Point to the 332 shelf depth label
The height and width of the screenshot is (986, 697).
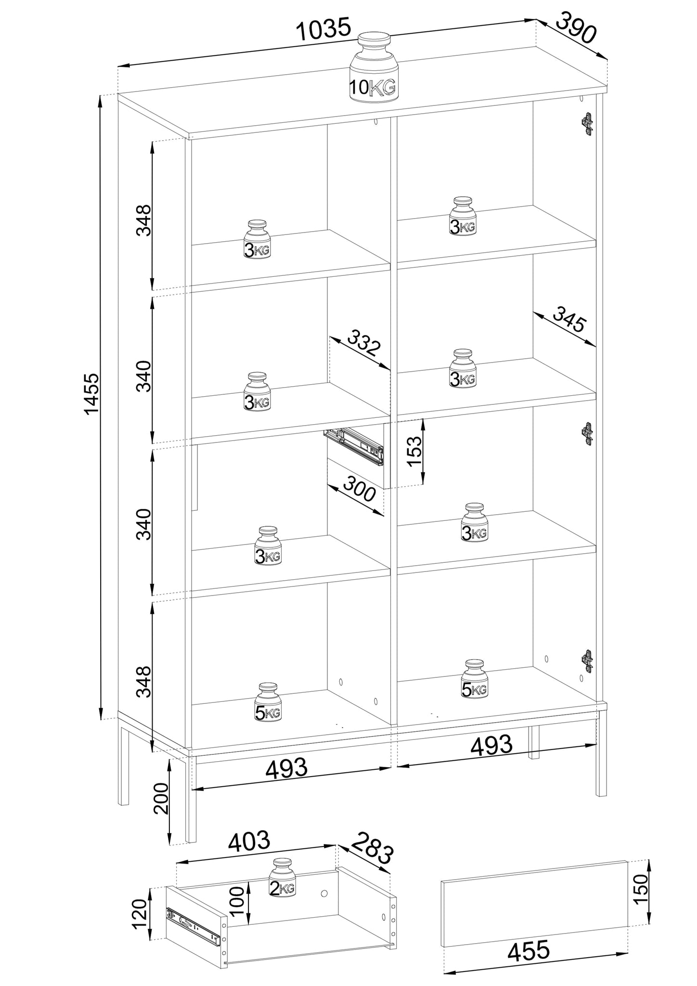(x=364, y=341)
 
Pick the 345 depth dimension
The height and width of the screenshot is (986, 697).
(x=569, y=318)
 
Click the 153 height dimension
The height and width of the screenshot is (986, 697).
(x=414, y=451)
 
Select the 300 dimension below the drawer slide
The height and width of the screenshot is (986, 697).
(x=358, y=489)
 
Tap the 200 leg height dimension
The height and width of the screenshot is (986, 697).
(x=161, y=798)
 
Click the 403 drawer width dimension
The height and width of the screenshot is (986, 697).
(x=249, y=841)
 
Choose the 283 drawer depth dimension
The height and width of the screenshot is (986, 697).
(x=372, y=847)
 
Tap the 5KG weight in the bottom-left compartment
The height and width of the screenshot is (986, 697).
(x=268, y=702)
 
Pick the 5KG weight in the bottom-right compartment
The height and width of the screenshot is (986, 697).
(x=474, y=679)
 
